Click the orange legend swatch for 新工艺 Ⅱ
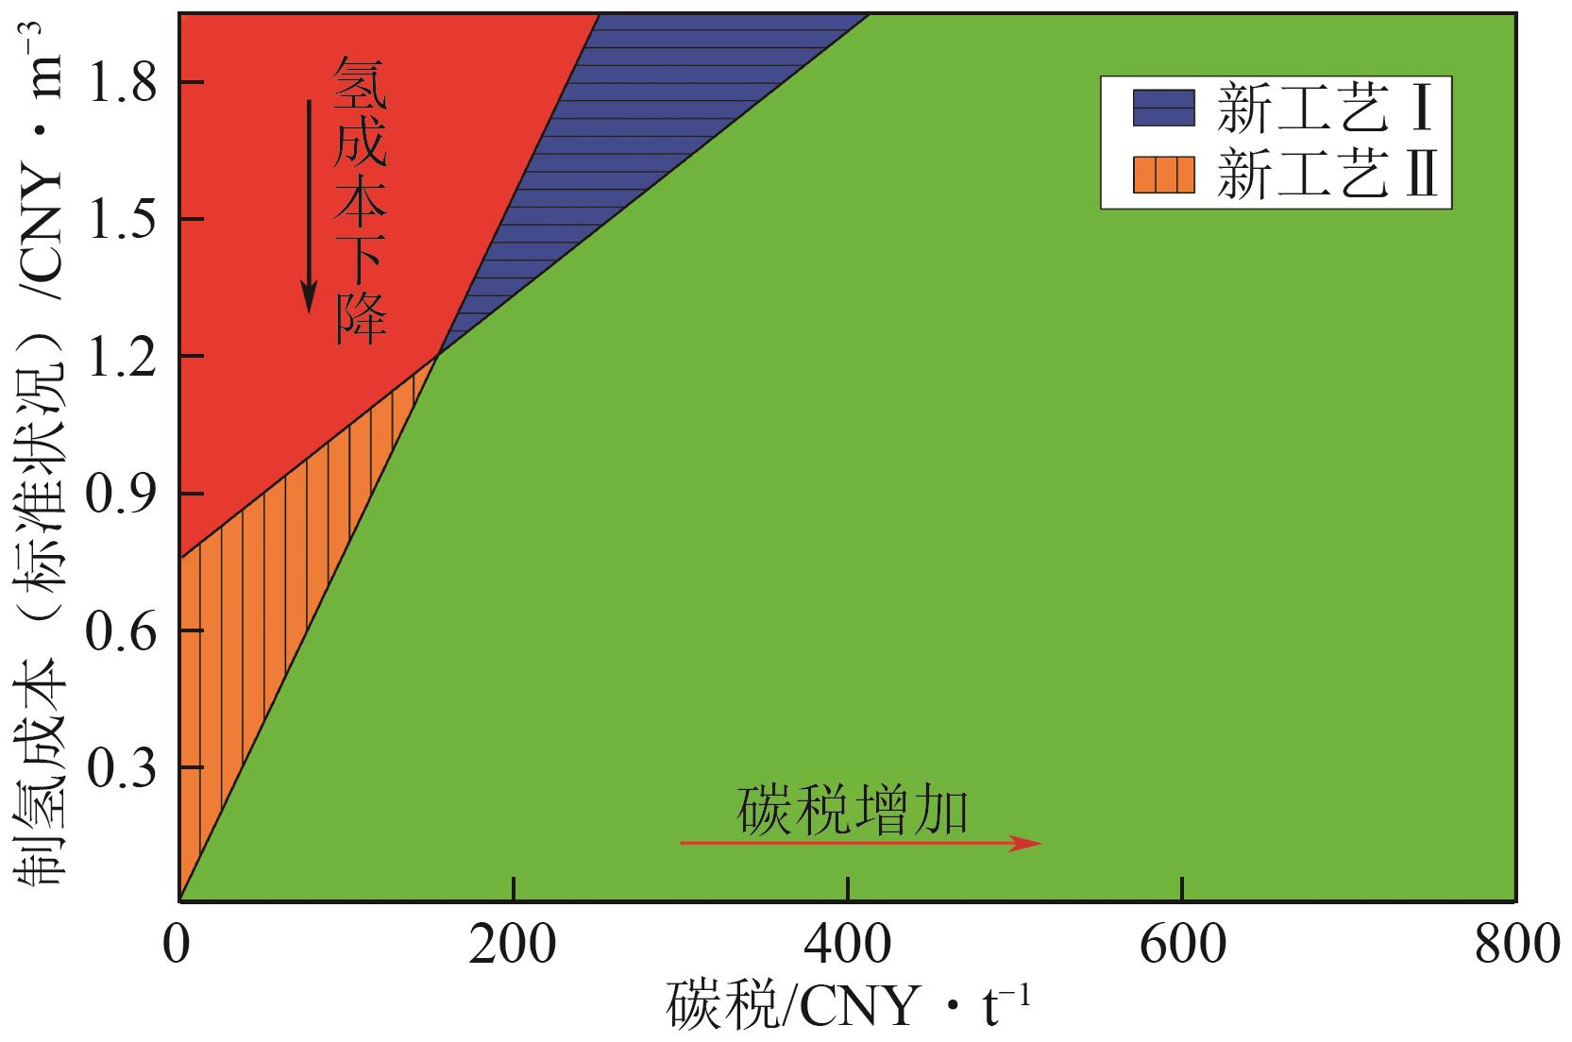pyautogui.click(x=1163, y=173)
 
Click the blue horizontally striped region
pyautogui.click(x=604, y=151)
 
